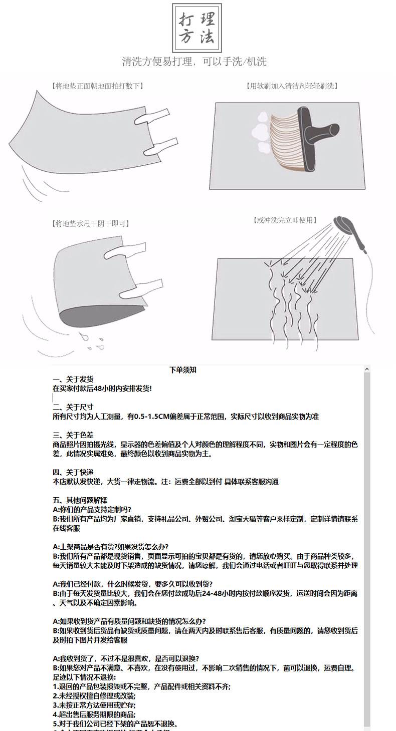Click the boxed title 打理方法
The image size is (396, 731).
(x=197, y=28)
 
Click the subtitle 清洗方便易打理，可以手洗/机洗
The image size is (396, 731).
(x=194, y=62)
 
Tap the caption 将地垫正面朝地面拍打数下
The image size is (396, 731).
(x=98, y=86)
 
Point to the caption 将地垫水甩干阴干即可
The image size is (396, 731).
(x=91, y=224)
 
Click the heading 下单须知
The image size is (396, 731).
(x=183, y=370)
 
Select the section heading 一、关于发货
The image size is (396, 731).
(x=73, y=380)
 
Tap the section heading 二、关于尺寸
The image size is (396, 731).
(x=73, y=407)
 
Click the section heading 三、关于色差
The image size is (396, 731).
(x=73, y=435)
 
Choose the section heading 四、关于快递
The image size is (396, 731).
(x=73, y=472)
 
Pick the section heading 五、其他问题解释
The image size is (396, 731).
(x=80, y=500)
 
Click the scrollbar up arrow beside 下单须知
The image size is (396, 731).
(x=367, y=370)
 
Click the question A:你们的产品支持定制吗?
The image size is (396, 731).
(x=92, y=510)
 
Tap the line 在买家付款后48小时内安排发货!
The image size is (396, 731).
(x=102, y=389)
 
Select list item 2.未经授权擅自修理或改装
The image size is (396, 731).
(x=94, y=696)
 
